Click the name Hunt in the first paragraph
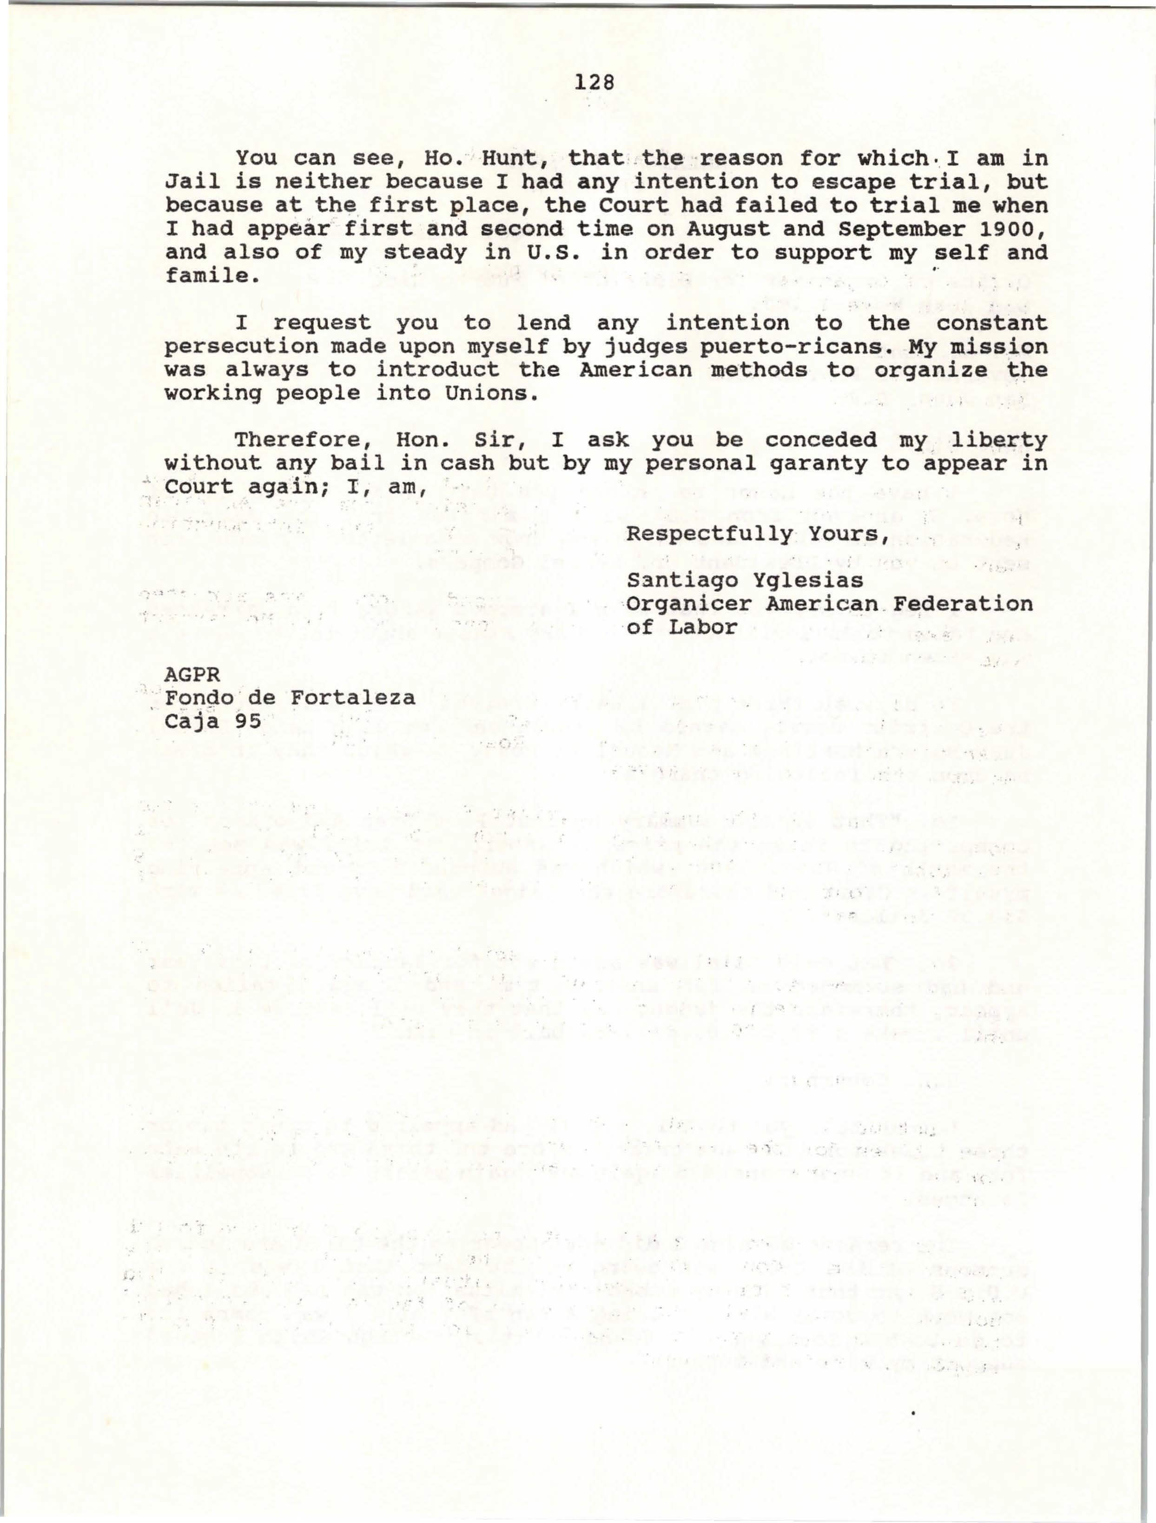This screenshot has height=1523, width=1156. pyautogui.click(x=513, y=158)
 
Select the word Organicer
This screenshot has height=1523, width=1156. pyautogui.click(x=689, y=604)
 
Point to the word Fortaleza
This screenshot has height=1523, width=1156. pyautogui.click(x=352, y=698)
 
